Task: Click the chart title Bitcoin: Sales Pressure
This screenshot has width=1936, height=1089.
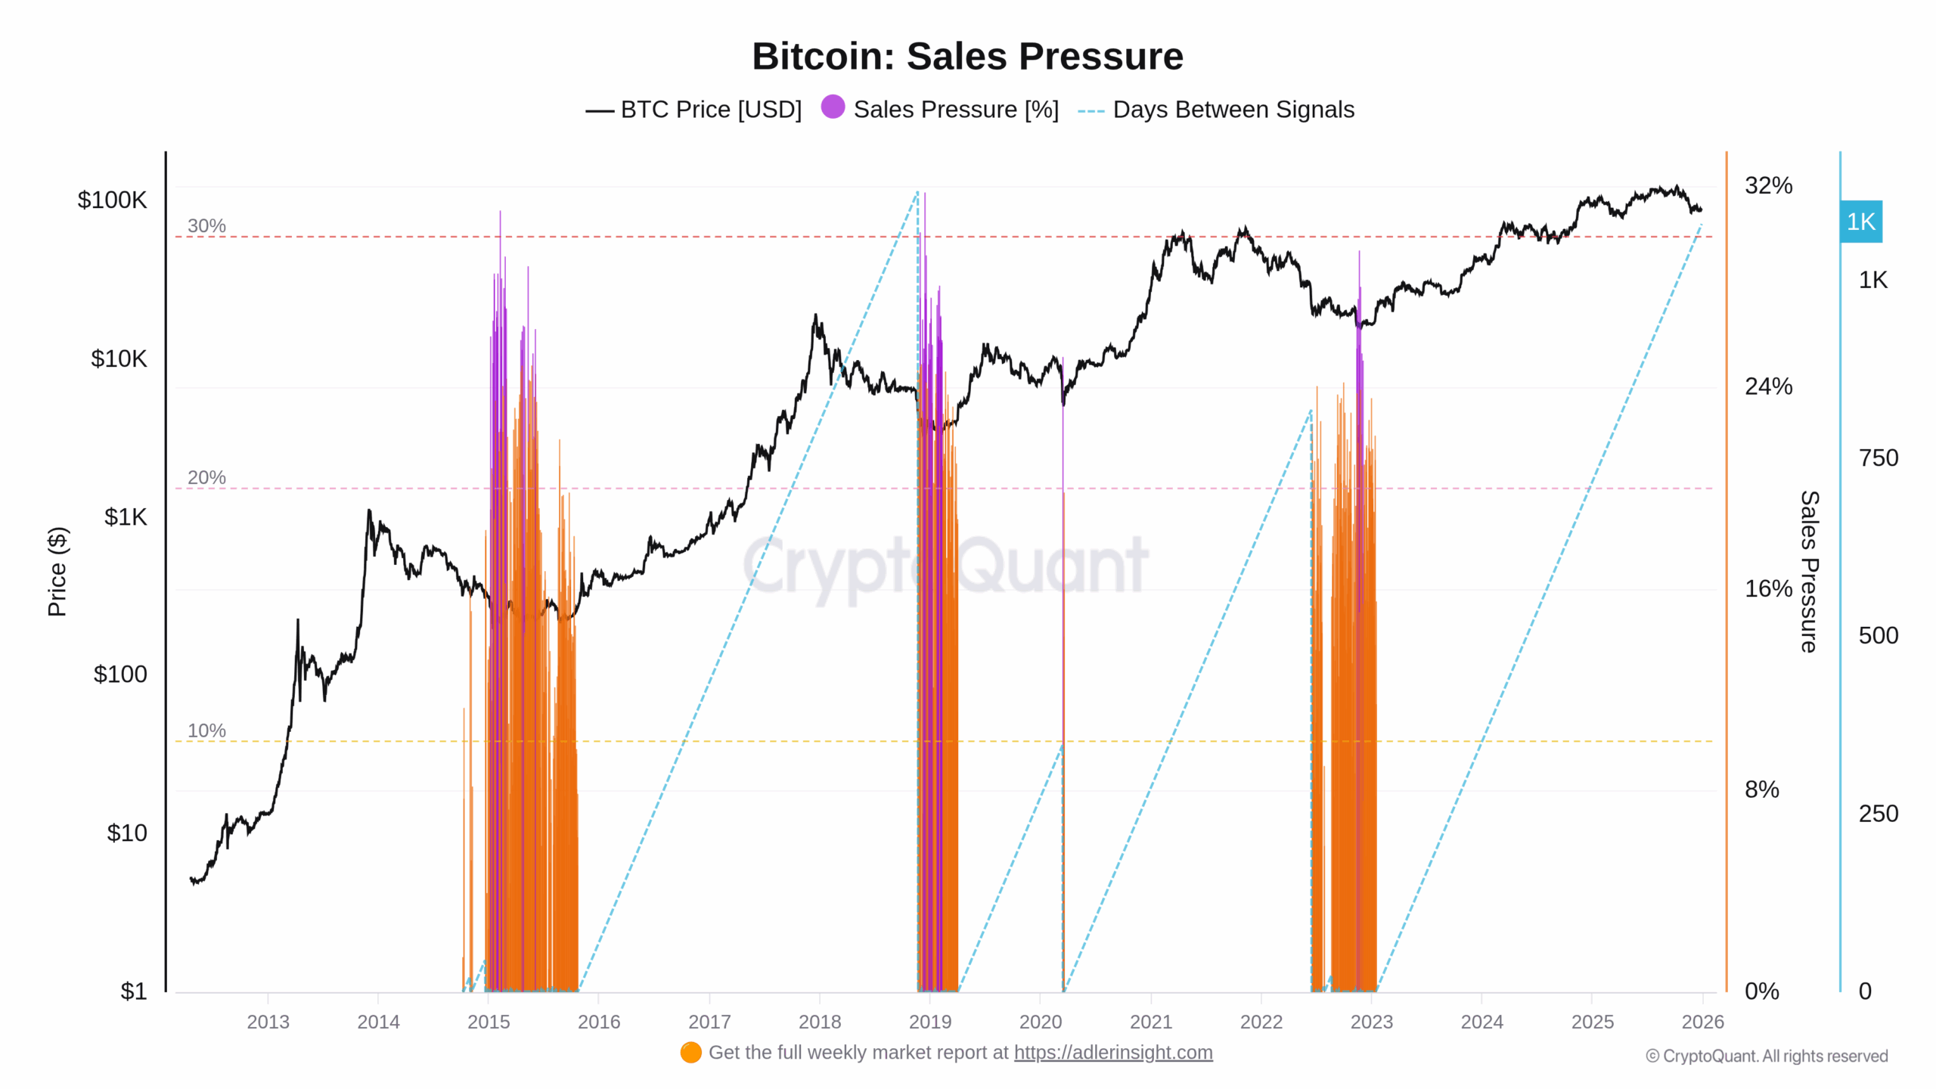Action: point(967,56)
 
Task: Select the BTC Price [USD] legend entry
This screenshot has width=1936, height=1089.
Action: point(693,110)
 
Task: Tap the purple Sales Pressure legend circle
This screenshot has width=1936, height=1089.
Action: point(833,107)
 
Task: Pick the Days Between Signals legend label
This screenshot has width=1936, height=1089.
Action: point(1233,110)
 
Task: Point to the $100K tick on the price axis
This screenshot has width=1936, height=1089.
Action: point(112,200)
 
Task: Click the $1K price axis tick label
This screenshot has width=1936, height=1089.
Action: point(126,517)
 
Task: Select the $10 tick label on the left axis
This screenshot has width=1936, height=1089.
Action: point(127,833)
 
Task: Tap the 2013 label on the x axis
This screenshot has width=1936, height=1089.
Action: point(268,1022)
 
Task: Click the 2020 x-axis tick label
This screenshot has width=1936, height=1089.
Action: point(1041,1022)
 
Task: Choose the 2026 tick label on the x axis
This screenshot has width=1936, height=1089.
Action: point(1702,1022)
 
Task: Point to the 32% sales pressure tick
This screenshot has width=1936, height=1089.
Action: point(1768,185)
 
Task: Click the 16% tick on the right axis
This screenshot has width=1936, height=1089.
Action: point(1768,588)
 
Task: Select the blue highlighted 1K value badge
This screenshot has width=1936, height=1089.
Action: point(1860,222)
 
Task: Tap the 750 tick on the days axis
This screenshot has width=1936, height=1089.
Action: point(1879,458)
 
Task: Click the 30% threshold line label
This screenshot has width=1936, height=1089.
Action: point(206,225)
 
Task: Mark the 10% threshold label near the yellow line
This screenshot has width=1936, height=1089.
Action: point(206,731)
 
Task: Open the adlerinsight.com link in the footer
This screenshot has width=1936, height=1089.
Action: point(1113,1053)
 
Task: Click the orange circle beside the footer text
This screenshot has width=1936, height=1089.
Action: point(690,1053)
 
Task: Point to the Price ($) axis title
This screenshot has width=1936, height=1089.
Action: point(57,572)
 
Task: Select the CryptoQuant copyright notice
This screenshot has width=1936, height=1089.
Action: point(1767,1056)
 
